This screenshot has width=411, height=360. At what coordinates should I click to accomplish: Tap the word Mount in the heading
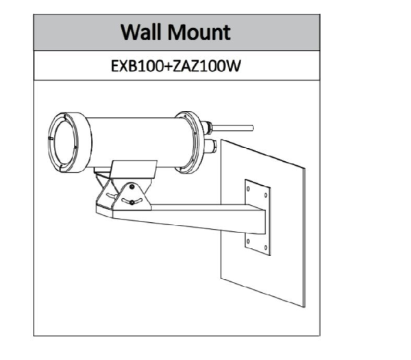[x=199, y=32]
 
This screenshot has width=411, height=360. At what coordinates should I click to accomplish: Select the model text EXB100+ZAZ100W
[x=175, y=66]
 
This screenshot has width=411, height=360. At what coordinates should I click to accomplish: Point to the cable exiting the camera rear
[x=233, y=128]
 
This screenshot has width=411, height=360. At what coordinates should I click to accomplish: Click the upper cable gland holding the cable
[x=207, y=127]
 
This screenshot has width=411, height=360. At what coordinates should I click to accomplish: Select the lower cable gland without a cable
[x=210, y=146]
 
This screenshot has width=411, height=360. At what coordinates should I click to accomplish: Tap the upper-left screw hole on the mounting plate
[x=248, y=189]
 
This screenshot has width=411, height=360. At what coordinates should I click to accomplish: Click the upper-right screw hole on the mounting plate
[x=266, y=195]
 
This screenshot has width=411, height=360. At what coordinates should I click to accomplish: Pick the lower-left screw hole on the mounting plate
[x=248, y=241]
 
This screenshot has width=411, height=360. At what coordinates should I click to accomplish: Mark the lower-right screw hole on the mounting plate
[x=266, y=248]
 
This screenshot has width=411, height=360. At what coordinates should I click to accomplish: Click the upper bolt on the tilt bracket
[x=132, y=187]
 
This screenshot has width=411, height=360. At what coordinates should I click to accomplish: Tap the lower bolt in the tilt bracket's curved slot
[x=132, y=202]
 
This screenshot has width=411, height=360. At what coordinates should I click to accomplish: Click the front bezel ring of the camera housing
[x=70, y=143]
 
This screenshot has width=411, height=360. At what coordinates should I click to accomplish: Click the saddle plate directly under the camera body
[x=134, y=169]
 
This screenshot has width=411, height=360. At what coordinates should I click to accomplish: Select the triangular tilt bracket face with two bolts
[x=132, y=196]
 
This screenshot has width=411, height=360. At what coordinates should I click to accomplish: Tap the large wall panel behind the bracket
[x=263, y=223]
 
